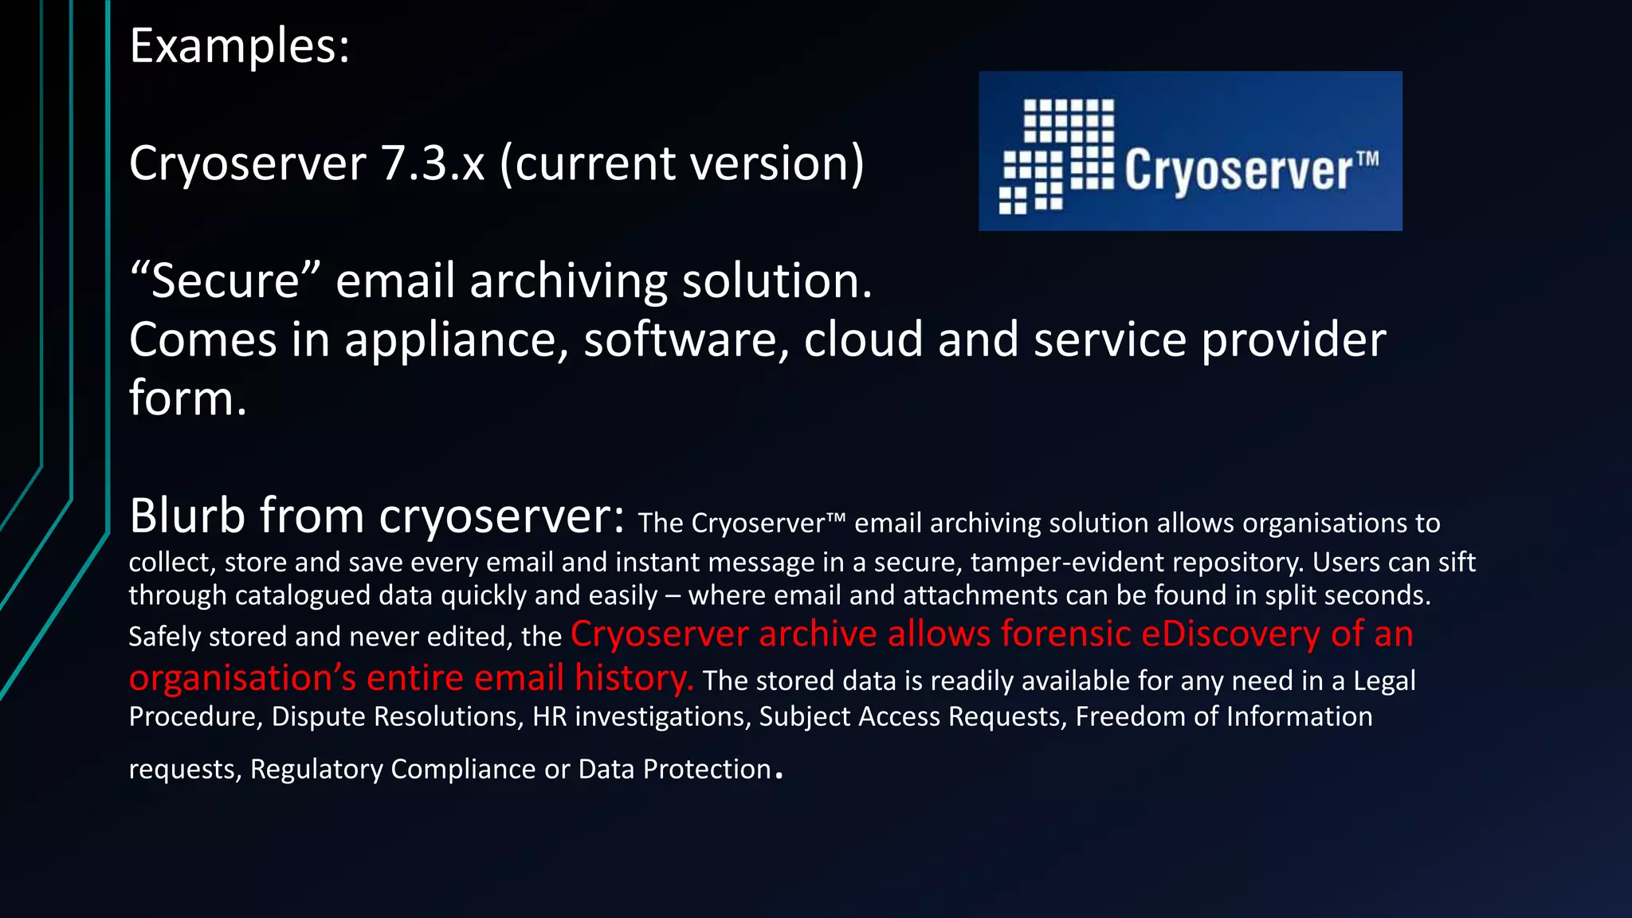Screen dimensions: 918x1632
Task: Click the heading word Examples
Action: pos(238,46)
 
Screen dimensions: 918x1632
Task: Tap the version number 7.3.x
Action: pos(432,163)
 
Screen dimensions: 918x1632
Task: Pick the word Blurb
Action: pos(187,516)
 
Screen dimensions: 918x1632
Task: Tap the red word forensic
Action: pos(1066,634)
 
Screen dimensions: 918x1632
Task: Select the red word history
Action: pos(634,678)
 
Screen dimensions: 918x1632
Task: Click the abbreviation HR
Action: pos(549,716)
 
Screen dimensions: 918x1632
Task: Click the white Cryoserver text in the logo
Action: pos(1238,171)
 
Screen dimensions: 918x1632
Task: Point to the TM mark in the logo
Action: pos(1367,158)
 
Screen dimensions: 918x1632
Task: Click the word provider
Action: pos(1293,340)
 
